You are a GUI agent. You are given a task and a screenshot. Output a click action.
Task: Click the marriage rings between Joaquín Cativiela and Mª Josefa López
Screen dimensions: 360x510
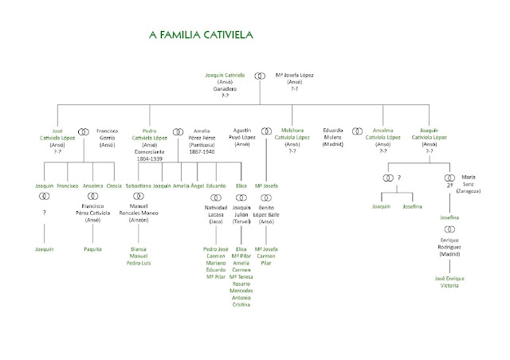pos(259,76)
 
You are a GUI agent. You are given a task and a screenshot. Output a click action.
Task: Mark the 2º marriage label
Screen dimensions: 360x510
pos(445,182)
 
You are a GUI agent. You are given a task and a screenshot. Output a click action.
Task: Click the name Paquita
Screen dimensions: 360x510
pos(93,248)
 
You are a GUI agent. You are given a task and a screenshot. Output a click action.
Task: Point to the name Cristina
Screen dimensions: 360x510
pos(241,304)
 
